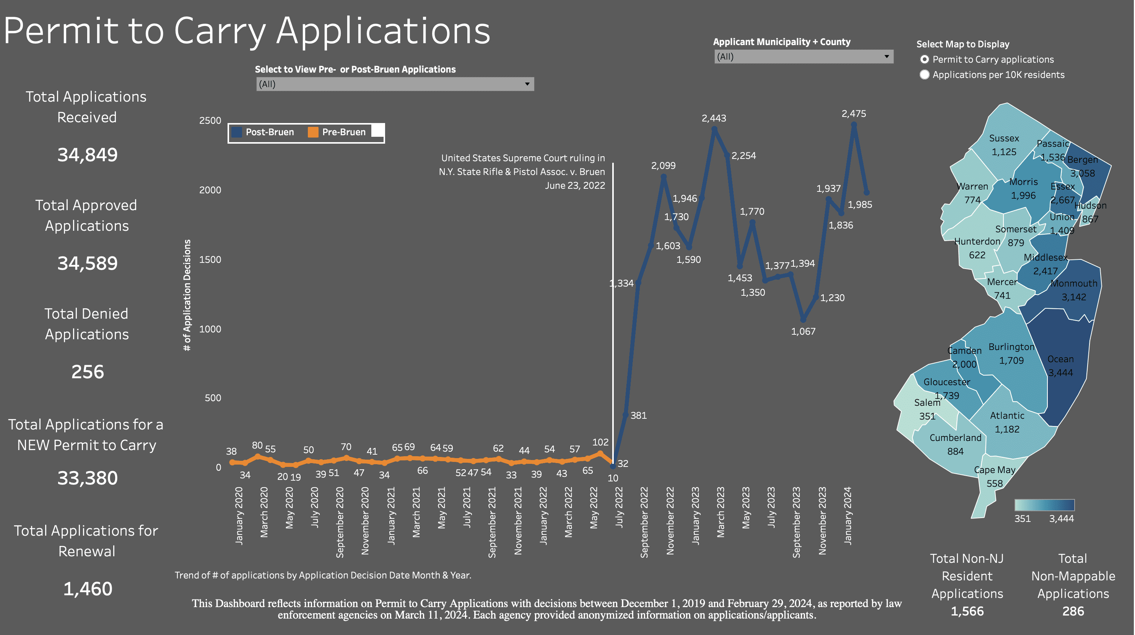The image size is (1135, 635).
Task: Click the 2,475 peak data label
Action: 854,113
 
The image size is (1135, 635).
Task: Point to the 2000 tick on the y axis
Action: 210,190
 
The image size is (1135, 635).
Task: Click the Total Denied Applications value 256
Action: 88,372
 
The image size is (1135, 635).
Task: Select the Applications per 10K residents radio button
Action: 925,75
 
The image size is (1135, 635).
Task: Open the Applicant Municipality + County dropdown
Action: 803,57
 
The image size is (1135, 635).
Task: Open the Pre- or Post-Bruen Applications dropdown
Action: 395,84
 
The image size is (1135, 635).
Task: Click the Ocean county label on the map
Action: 1060,359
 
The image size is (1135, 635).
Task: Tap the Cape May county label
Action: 994,470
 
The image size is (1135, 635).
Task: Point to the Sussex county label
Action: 1004,138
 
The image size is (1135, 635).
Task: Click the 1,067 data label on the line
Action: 803,331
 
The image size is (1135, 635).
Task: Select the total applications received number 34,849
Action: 88,155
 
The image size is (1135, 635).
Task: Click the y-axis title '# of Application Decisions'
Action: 187,295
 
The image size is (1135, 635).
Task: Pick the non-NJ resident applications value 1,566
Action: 967,611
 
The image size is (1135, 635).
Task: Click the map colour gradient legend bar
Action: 1044,505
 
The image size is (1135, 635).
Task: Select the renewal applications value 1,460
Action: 88,589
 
